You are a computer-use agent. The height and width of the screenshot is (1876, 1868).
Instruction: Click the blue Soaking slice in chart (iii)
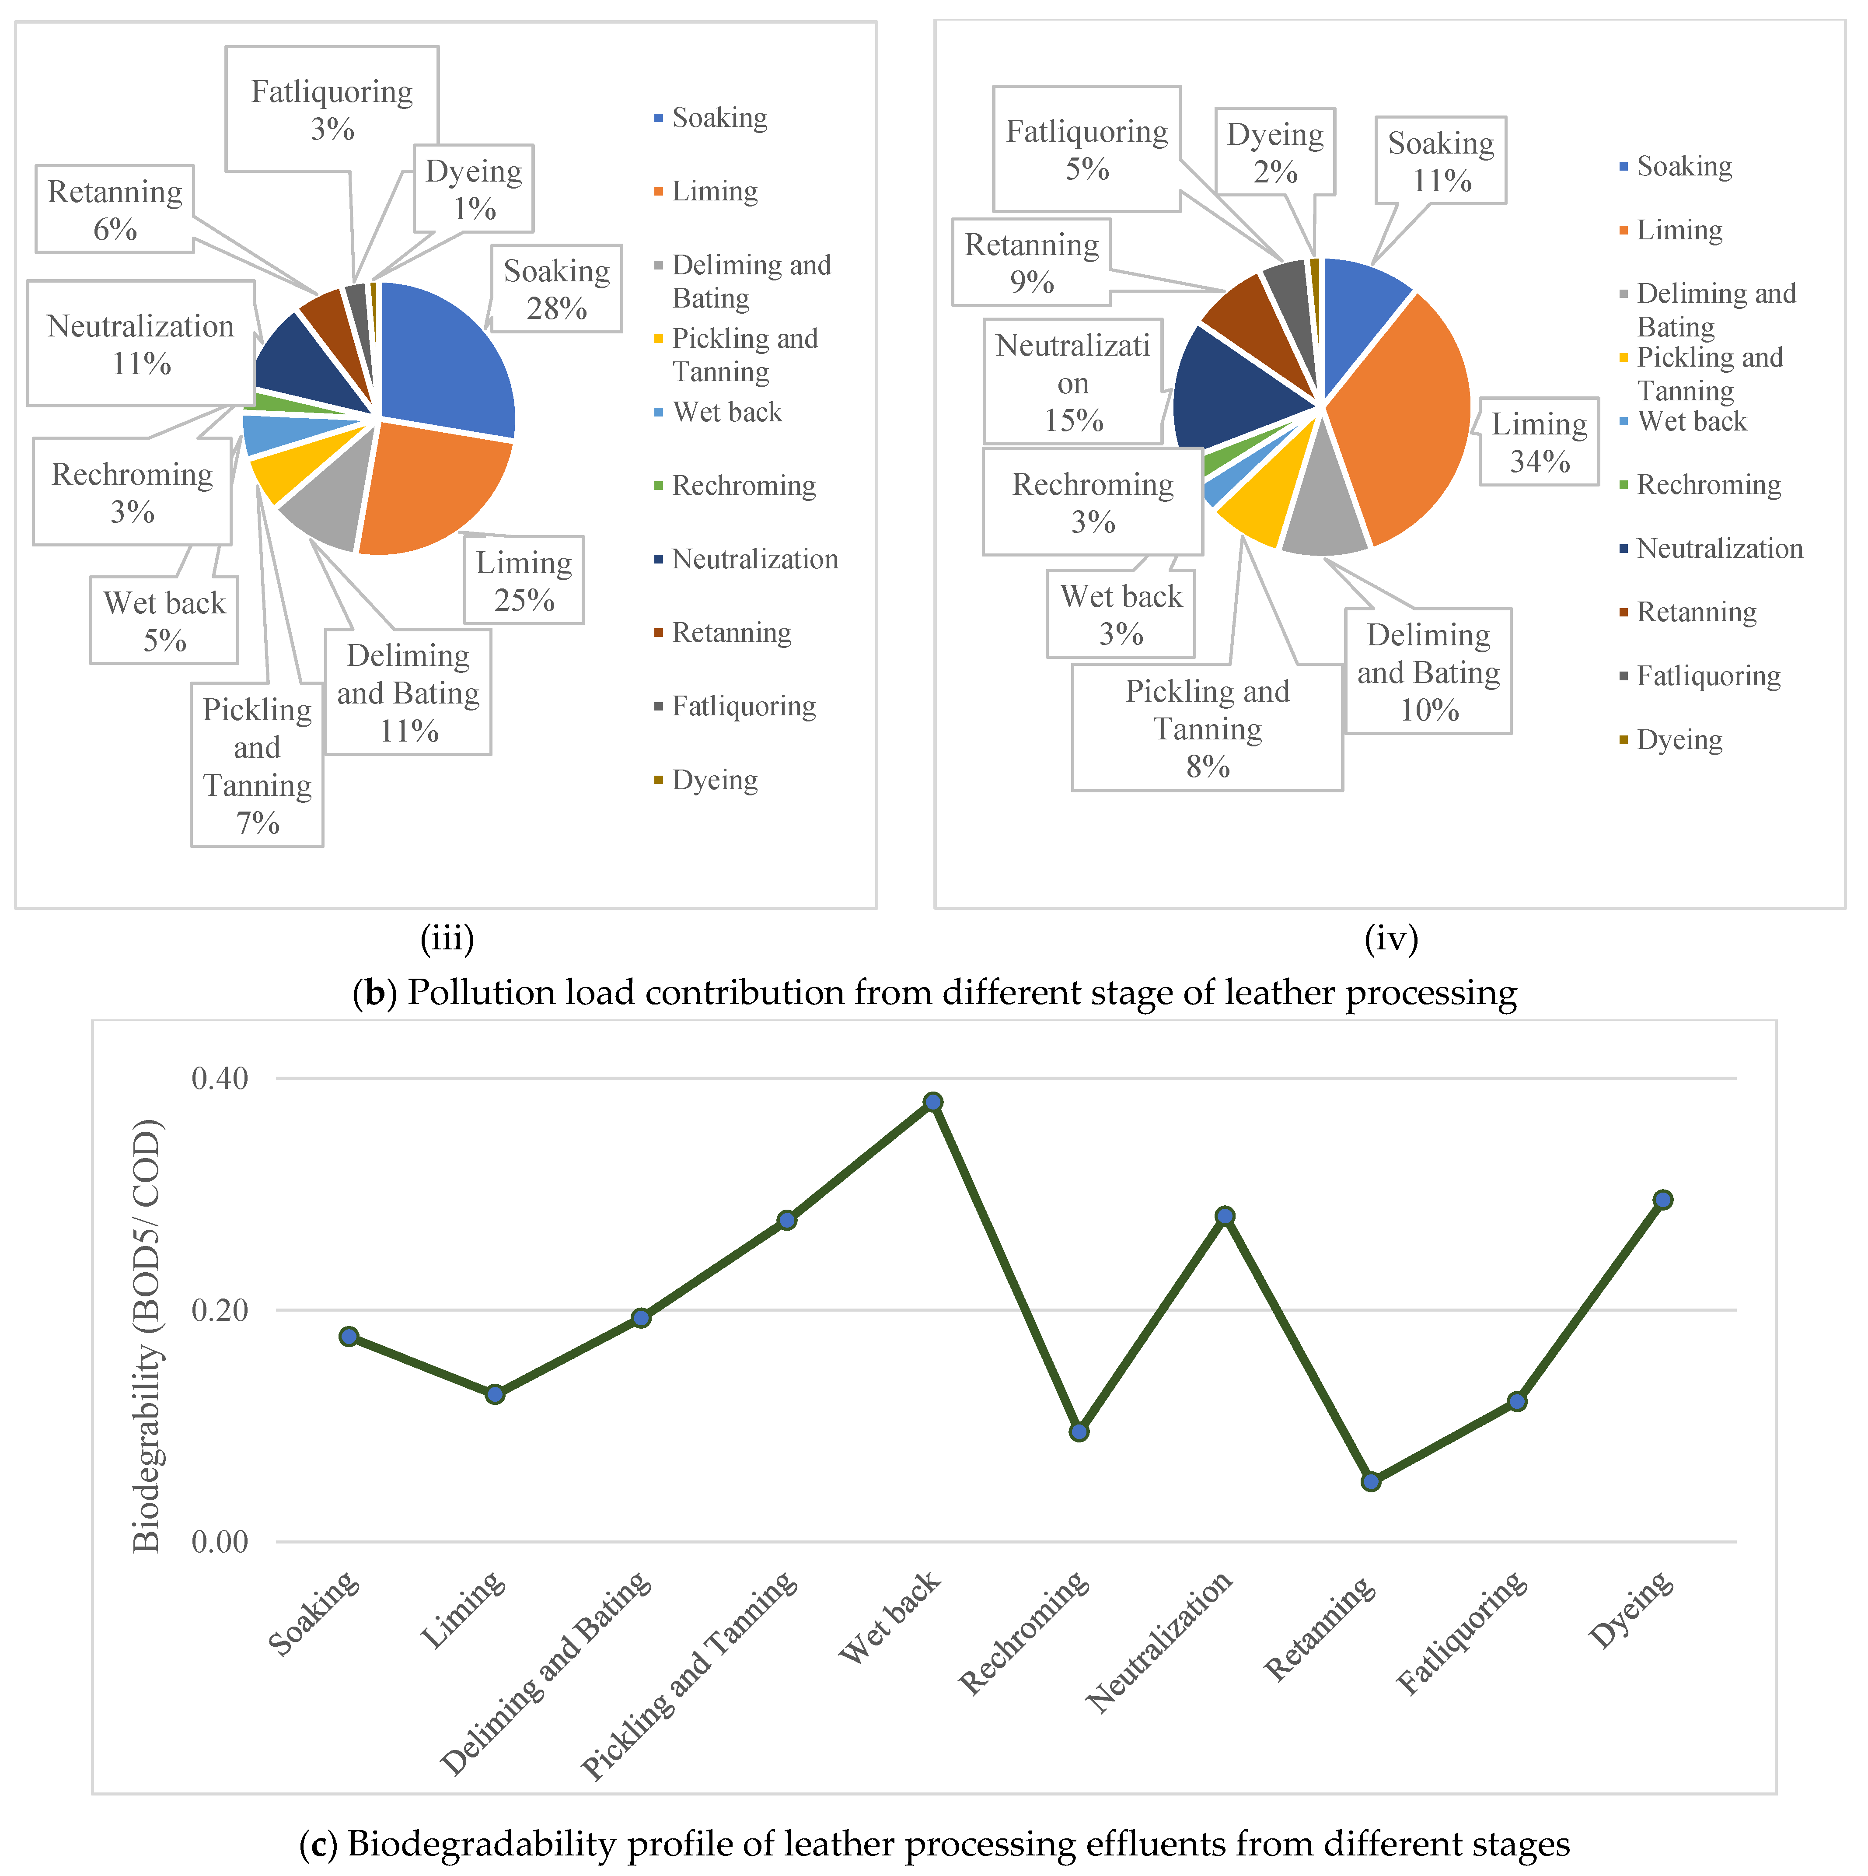442,359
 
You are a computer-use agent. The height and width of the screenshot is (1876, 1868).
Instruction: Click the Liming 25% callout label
524,581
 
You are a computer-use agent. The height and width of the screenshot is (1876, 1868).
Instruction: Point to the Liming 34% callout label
1539,442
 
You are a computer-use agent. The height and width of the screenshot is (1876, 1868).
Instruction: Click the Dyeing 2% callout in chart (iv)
1275,152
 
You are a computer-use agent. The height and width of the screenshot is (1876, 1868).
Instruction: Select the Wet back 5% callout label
164,620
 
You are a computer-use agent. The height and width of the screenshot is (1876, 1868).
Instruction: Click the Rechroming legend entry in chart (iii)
744,486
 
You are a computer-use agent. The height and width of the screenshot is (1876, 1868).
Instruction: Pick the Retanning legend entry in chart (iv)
1696,612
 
